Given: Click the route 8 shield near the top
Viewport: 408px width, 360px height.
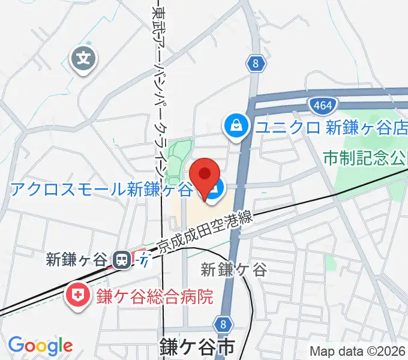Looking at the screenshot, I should [x=256, y=62].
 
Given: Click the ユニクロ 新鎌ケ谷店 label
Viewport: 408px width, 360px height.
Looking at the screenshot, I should [x=331, y=127].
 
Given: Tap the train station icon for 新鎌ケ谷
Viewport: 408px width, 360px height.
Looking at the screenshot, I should [x=122, y=259].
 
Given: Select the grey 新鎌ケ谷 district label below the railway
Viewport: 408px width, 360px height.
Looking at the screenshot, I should [x=234, y=270].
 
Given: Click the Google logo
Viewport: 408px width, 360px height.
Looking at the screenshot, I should [x=40, y=346].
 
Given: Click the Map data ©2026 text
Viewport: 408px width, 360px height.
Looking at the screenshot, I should [x=358, y=352].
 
